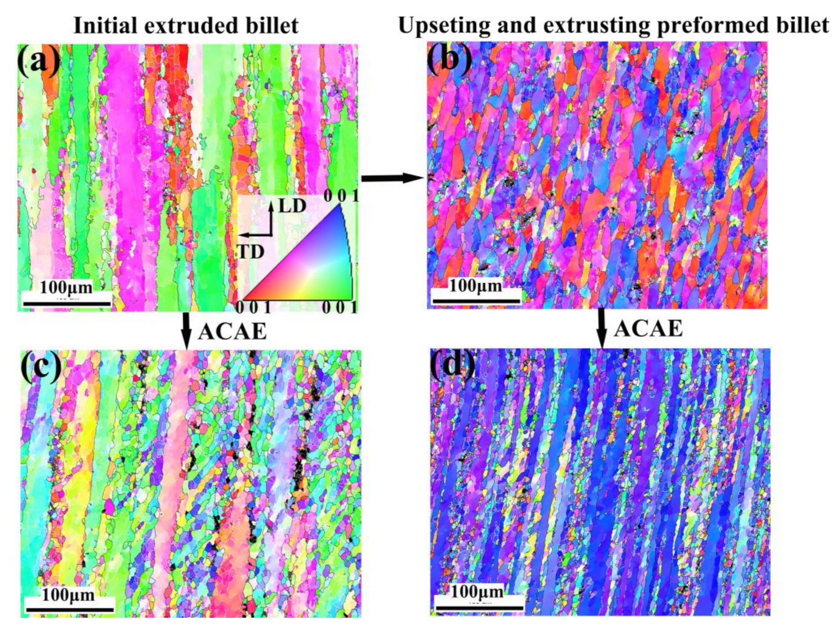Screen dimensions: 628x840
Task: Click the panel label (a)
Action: pyautogui.click(x=38, y=60)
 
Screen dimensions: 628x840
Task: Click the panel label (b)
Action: pyautogui.click(x=449, y=57)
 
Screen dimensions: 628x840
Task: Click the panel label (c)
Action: pyautogui.click(x=40, y=366)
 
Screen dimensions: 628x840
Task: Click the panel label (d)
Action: pyautogui.click(x=452, y=364)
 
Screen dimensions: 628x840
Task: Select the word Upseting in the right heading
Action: pyautogui.click(x=444, y=26)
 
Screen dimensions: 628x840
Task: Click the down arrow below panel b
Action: pyautogui.click(x=601, y=327)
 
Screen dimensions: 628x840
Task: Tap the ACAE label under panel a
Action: pyautogui.click(x=233, y=331)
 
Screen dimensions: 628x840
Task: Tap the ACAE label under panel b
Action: pyautogui.click(x=648, y=329)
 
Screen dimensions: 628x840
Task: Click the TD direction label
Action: pyautogui.click(x=251, y=251)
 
